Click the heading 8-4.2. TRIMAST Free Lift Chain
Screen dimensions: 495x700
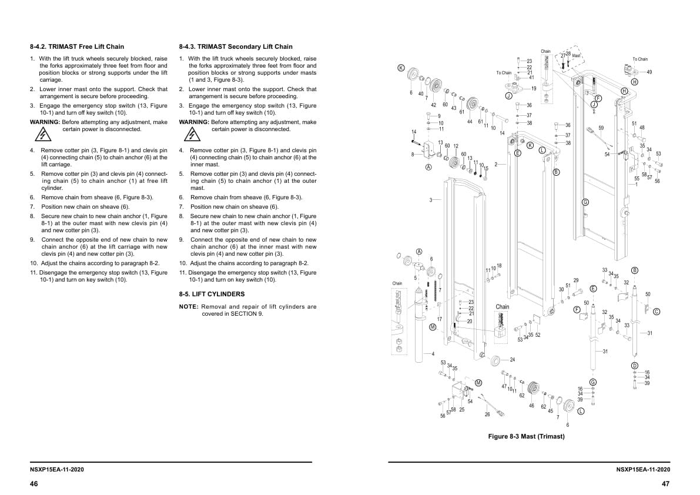(x=77, y=46)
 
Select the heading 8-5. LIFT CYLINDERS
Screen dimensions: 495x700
(x=212, y=294)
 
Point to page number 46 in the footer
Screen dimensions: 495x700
(x=34, y=484)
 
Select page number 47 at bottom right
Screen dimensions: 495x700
(x=665, y=484)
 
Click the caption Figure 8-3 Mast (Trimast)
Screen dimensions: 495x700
(x=526, y=436)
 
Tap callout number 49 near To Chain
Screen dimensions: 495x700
(x=649, y=72)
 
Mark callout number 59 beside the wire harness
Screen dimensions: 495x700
(x=601, y=128)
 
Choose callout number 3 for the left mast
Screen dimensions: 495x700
(x=431, y=200)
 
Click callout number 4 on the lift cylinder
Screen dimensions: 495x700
(x=433, y=353)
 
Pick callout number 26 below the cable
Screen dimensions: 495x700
(x=487, y=414)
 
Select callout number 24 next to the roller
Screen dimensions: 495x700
(x=512, y=359)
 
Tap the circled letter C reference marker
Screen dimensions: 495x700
(x=657, y=312)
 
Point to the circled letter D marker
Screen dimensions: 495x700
(x=634, y=366)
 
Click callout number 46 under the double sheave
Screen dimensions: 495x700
(x=531, y=406)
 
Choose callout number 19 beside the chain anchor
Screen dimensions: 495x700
(x=533, y=88)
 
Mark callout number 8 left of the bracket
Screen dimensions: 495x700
(x=413, y=154)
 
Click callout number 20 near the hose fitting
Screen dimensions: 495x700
(x=470, y=321)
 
